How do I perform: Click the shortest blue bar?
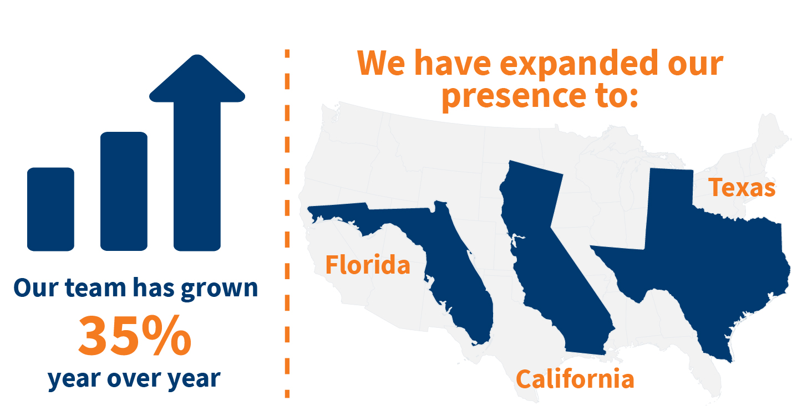coord(50,209)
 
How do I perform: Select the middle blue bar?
coord(124,191)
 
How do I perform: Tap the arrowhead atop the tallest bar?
coord(197,79)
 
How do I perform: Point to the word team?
coord(95,287)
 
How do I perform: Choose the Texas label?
coord(742,187)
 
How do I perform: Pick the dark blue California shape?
coord(551,258)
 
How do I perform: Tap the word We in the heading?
coord(381,63)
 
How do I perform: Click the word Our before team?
coord(35,287)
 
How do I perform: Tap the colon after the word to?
coord(634,96)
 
